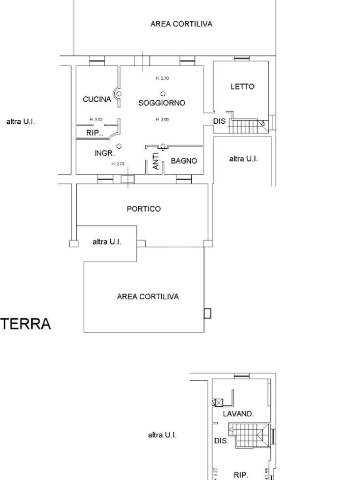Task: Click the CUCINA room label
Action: click(97, 99)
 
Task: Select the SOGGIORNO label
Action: click(162, 103)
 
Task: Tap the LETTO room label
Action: click(242, 87)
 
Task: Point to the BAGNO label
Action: click(184, 161)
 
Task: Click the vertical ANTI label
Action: click(156, 161)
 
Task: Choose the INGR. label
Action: click(105, 153)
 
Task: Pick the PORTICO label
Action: click(143, 209)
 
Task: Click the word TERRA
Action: click(26, 324)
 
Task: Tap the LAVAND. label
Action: click(238, 414)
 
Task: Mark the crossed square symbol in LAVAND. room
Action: click(217, 403)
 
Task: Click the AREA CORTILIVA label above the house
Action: click(181, 24)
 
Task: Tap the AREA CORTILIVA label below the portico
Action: click(148, 297)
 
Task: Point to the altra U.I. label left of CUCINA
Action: click(21, 122)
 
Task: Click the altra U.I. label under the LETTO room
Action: click(243, 159)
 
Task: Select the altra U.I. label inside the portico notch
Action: click(107, 242)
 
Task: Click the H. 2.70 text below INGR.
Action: click(118, 164)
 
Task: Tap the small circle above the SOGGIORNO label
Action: click(163, 93)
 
